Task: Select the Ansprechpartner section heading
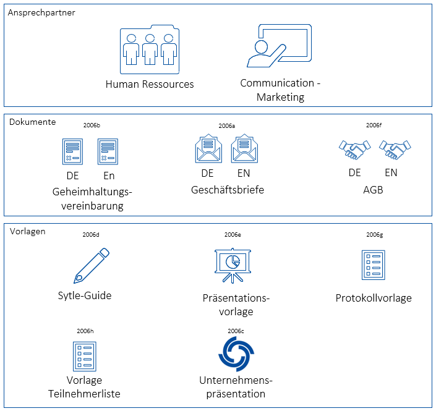coord(41,13)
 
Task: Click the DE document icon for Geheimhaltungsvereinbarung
coord(73,152)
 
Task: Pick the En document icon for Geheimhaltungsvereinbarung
coord(108,152)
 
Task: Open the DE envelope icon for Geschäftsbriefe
coord(208,150)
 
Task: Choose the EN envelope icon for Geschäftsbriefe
coord(243,150)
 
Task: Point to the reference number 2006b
coord(91,125)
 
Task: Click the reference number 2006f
coord(374,125)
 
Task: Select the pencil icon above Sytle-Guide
coord(92,265)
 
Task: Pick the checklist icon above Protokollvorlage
coord(373,265)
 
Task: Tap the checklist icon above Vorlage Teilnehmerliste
coord(84,357)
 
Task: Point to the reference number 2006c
coord(236,331)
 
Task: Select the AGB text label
coord(373,190)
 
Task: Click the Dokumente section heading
coord(32,122)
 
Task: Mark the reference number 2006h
coord(85,331)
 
